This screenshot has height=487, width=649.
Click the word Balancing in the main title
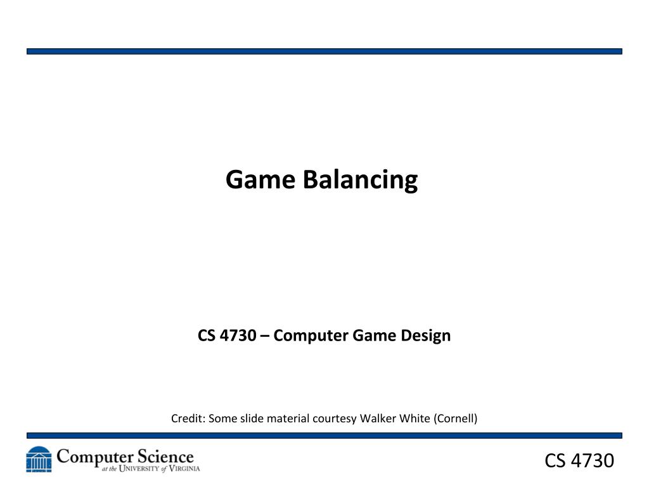coord(360,180)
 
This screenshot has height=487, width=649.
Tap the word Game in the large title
coord(260,179)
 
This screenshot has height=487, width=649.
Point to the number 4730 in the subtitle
coord(238,335)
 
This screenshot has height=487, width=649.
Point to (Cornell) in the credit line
coord(456,419)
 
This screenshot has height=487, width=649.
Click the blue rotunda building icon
coord(39,459)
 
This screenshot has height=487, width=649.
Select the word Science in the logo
coord(165,457)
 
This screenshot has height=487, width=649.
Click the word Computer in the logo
coord(95,458)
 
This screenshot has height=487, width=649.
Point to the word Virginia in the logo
coord(184,469)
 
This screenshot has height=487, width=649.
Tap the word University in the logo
coord(139,469)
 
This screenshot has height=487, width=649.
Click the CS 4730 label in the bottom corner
coord(579,460)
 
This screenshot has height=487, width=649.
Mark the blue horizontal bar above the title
coord(324,51)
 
